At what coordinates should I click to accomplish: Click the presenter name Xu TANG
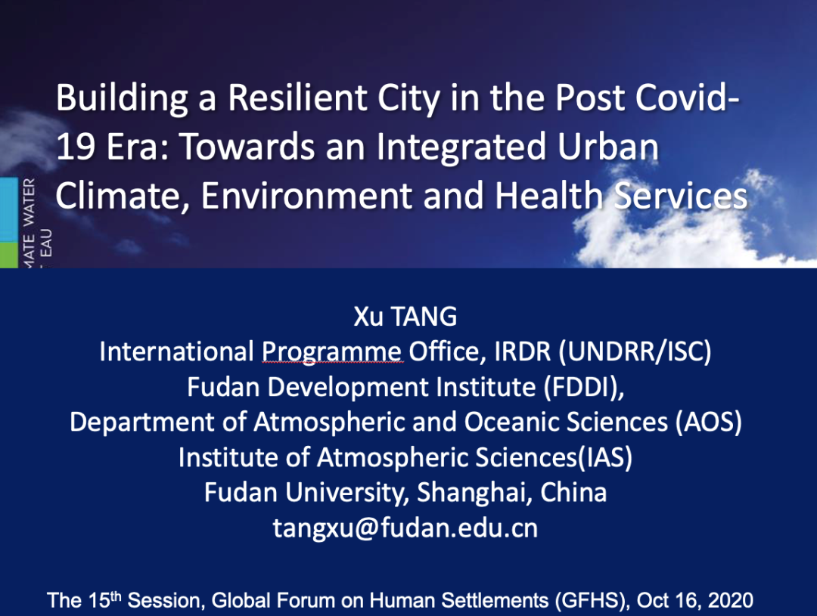pyautogui.click(x=405, y=317)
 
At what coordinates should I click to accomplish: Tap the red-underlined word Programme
pyautogui.click(x=331, y=352)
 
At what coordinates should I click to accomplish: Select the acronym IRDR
pyautogui.click(x=522, y=351)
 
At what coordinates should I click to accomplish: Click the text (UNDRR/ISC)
pyautogui.click(x=635, y=352)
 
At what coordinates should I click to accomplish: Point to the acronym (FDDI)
pyautogui.click(x=583, y=388)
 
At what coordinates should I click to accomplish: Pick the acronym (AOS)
pyautogui.click(x=709, y=423)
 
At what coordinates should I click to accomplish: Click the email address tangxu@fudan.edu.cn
pyautogui.click(x=405, y=528)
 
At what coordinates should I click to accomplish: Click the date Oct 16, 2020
pyautogui.click(x=695, y=600)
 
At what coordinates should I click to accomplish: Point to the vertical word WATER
pyautogui.click(x=30, y=202)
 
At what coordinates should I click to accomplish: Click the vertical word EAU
pyautogui.click(x=46, y=243)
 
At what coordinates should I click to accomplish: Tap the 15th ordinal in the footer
pyautogui.click(x=104, y=599)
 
